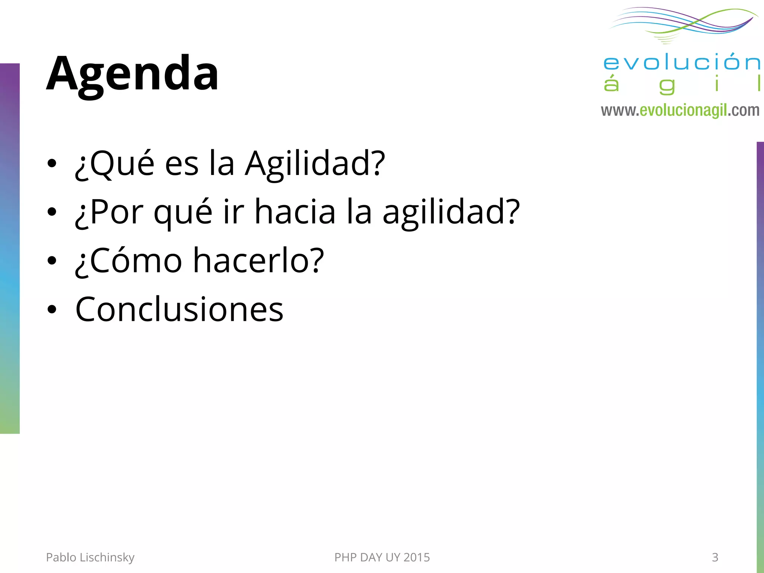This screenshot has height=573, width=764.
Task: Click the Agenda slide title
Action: tap(132, 74)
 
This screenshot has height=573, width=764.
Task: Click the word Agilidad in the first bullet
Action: tap(314, 164)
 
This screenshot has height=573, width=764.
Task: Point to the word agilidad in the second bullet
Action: tap(450, 213)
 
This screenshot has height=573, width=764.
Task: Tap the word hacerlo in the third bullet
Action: tap(258, 261)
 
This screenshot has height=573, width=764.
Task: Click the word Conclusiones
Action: tap(179, 309)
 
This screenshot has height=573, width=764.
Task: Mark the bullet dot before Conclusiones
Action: tap(52, 309)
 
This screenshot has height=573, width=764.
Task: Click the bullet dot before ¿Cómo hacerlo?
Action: tap(52, 261)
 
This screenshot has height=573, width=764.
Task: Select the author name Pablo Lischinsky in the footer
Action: tap(90, 557)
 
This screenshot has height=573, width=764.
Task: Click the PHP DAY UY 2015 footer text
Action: tap(382, 557)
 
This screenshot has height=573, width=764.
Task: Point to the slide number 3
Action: tap(715, 557)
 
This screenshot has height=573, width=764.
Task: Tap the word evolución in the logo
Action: tap(681, 62)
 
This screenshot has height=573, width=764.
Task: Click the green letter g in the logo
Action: tap(667, 86)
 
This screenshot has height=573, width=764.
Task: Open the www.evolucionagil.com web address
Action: tap(680, 110)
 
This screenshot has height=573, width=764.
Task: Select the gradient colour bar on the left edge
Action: tap(10, 248)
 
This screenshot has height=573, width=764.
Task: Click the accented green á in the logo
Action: tap(611, 84)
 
